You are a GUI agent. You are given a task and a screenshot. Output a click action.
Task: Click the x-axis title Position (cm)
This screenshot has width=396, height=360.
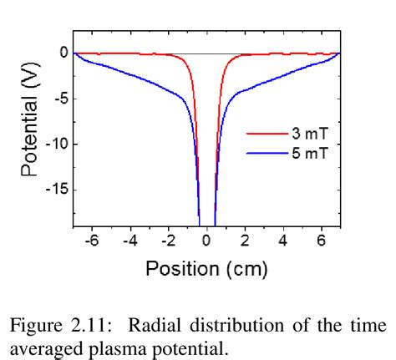click(x=206, y=268)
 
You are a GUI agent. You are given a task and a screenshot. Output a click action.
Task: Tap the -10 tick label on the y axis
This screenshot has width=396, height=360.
click(x=53, y=144)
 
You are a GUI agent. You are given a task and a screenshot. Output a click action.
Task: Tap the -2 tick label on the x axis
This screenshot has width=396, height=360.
click(x=167, y=241)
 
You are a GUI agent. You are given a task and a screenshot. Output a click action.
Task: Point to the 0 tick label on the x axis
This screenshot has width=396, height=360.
click(x=207, y=241)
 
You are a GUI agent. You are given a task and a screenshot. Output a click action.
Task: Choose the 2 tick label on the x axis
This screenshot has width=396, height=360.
click(x=245, y=241)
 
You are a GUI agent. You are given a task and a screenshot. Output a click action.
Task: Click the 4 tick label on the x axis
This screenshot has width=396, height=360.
click(x=283, y=241)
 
